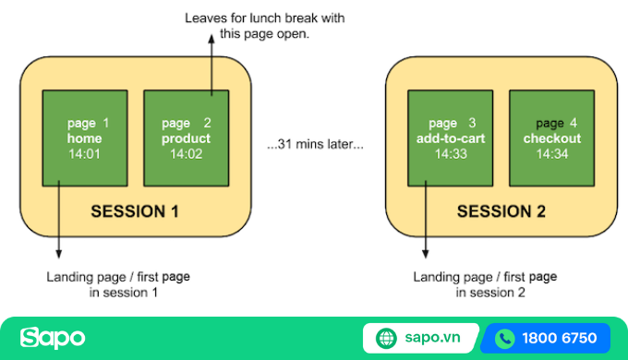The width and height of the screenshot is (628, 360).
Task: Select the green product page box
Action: (x=186, y=138)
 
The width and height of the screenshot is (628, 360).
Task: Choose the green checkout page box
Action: (x=551, y=138)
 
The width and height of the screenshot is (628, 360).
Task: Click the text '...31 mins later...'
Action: (x=314, y=145)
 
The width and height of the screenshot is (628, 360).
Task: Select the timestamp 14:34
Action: (x=551, y=154)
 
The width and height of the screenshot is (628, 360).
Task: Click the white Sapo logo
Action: (x=53, y=338)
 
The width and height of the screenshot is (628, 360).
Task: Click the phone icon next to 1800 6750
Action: (x=503, y=338)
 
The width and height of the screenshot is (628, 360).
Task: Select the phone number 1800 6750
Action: (x=560, y=338)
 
